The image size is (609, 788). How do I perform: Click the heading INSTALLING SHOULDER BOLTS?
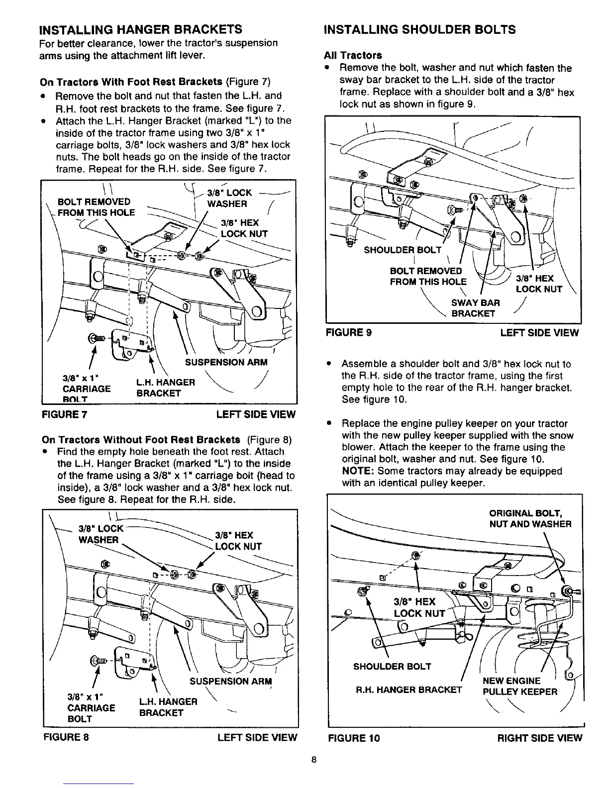(x=419, y=29)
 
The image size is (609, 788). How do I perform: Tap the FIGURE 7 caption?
(x=65, y=414)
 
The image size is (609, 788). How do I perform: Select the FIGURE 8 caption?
(x=65, y=737)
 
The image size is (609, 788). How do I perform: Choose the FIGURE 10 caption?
(x=353, y=738)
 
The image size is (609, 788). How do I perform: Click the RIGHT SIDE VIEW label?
(x=539, y=738)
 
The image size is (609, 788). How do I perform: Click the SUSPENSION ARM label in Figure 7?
(x=226, y=362)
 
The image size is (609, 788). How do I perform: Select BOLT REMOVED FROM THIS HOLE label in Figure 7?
(x=96, y=207)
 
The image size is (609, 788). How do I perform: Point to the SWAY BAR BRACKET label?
(x=475, y=308)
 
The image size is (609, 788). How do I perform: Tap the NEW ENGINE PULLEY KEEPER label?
(x=520, y=686)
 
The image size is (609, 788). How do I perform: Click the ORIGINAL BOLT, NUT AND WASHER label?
(x=530, y=518)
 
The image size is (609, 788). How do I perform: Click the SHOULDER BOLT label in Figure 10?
(x=392, y=667)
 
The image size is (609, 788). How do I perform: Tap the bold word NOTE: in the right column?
(x=358, y=471)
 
